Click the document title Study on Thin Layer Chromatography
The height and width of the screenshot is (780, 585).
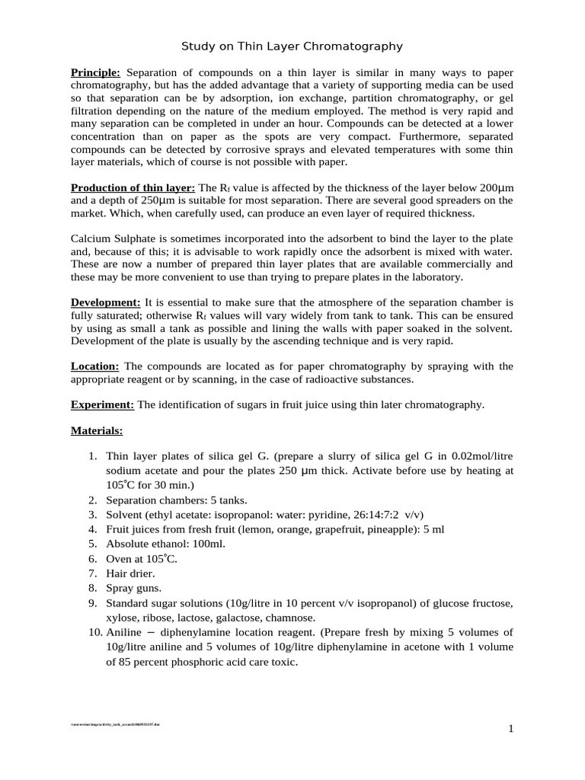(x=292, y=46)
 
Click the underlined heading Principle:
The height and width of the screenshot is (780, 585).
(x=95, y=72)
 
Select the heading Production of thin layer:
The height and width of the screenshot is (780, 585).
(x=133, y=187)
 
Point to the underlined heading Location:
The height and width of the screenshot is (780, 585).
(x=96, y=366)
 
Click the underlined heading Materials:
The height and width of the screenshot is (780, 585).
(x=97, y=430)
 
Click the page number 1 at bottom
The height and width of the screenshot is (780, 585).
(x=511, y=729)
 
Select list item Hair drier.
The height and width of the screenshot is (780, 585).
(x=130, y=572)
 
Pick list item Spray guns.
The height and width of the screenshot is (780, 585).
(x=133, y=587)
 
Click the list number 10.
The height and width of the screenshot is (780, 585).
(x=94, y=632)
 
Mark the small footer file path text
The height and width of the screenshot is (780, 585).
(x=113, y=724)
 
